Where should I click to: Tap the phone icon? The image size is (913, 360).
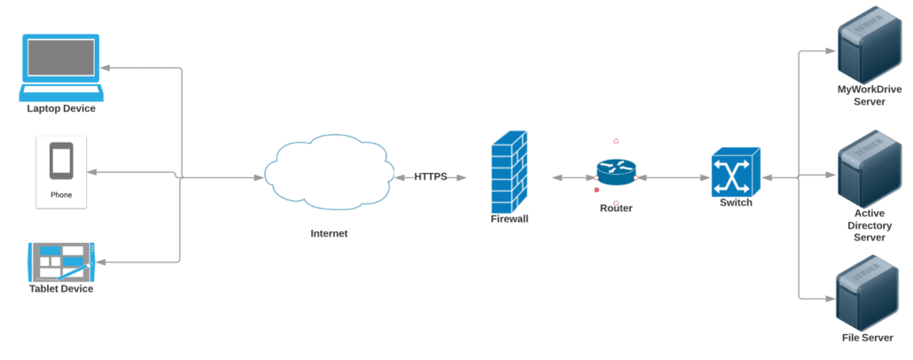[61, 160]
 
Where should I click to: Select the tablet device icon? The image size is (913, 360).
[61, 262]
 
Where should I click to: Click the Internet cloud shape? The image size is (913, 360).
[327, 172]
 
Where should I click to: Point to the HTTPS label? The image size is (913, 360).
[431, 176]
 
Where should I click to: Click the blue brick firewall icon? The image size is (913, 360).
[510, 172]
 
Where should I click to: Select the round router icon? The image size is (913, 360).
[616, 172]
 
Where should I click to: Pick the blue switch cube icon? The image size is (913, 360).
[736, 172]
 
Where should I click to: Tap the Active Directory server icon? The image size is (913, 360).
[869, 169]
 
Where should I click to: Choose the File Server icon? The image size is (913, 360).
[868, 293]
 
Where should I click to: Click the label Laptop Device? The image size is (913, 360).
[61, 109]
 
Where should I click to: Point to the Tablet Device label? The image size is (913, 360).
[61, 289]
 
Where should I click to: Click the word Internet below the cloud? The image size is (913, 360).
[329, 233]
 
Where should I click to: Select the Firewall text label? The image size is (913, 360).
[510, 219]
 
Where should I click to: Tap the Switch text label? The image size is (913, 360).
[736, 203]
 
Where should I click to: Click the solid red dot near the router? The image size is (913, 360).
[597, 190]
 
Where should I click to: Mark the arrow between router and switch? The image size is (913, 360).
[674, 177]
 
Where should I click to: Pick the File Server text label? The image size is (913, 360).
[868, 338]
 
